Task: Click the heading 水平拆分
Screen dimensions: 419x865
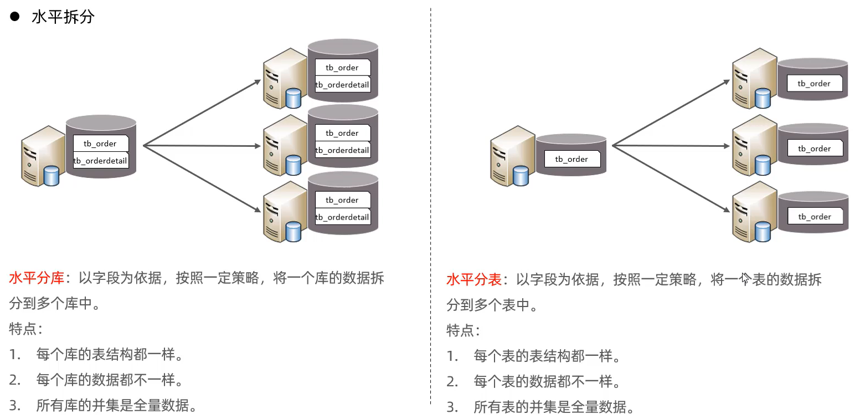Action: (x=63, y=17)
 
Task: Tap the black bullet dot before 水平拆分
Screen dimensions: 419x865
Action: (x=15, y=17)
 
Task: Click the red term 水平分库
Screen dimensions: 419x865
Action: (x=37, y=278)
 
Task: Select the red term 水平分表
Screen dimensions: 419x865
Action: (x=474, y=280)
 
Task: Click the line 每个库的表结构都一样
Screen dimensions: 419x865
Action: (x=110, y=355)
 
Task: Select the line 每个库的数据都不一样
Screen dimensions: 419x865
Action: (x=110, y=380)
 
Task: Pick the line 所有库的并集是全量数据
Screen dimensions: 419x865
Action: (x=116, y=406)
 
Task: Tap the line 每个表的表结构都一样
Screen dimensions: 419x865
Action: (x=547, y=356)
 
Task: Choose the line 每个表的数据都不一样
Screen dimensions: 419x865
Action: (x=547, y=382)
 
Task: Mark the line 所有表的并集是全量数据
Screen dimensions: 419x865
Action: (x=554, y=407)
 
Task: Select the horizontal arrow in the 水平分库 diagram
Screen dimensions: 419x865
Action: (x=202, y=146)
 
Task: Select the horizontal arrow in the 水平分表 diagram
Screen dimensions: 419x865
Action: (x=670, y=146)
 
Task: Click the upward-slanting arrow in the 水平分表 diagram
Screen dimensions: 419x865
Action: (x=670, y=114)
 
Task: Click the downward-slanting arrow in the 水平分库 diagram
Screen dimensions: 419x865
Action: (x=202, y=178)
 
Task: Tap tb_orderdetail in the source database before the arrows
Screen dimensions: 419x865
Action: (x=101, y=161)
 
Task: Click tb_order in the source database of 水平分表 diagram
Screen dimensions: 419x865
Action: (x=571, y=159)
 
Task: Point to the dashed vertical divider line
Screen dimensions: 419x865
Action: (x=431, y=211)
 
